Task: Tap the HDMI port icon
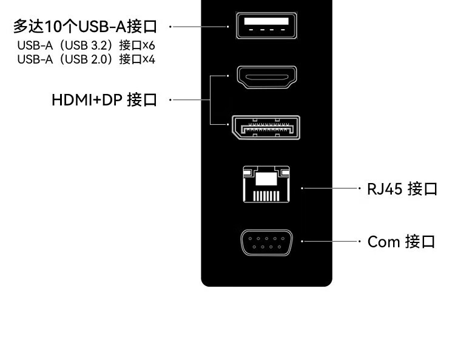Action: [266, 77]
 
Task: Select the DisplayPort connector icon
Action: [266, 127]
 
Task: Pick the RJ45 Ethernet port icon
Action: [266, 184]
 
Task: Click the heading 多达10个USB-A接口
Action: [85, 26]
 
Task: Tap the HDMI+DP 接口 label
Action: [104, 99]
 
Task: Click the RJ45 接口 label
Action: [402, 188]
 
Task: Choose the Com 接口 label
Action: [402, 242]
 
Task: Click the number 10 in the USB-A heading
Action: [53, 27]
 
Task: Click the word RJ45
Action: [385, 188]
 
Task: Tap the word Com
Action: [384, 242]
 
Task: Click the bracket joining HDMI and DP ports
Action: [210, 99]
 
